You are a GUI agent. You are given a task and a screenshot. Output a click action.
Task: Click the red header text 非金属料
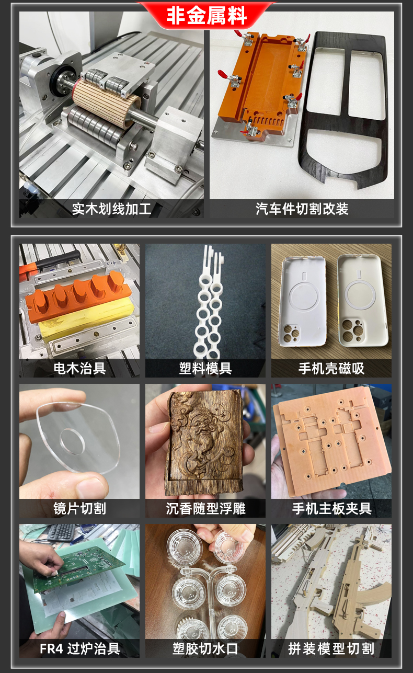(x=206, y=16)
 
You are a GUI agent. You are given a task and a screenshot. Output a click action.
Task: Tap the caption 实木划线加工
(x=111, y=209)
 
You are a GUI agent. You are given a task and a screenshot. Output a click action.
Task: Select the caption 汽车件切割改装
(x=302, y=209)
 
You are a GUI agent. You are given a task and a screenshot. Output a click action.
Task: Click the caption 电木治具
(x=79, y=368)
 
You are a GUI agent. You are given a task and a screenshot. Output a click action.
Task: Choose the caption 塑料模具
(x=205, y=368)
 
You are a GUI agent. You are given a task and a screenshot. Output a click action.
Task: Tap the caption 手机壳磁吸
(x=331, y=368)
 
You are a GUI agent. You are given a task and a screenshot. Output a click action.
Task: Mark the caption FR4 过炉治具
(x=80, y=649)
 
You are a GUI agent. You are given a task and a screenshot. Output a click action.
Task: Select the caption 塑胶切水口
(x=205, y=649)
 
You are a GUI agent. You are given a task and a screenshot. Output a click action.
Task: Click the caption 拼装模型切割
(x=331, y=649)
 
